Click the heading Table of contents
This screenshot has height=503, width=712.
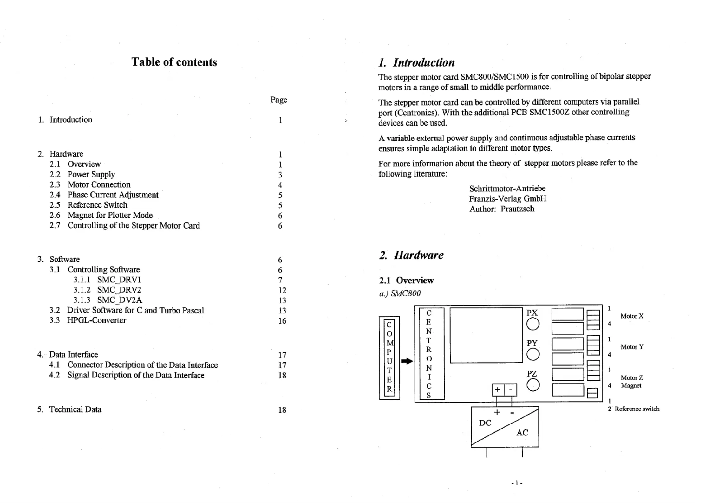pyautogui.click(x=174, y=62)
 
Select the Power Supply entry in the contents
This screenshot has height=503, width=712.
pyautogui.click(x=91, y=175)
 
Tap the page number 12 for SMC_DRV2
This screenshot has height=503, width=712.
pyautogui.click(x=282, y=290)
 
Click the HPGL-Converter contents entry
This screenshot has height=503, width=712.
pyautogui.click(x=97, y=320)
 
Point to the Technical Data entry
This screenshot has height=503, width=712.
pyautogui.click(x=75, y=409)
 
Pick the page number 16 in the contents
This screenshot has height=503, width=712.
pyautogui.click(x=282, y=321)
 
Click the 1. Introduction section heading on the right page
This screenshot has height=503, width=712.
pyautogui.click(x=416, y=62)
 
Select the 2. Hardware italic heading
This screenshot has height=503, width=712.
pyautogui.click(x=411, y=255)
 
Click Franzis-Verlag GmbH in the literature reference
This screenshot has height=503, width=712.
pyautogui.click(x=508, y=199)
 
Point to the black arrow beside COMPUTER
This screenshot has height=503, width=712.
pyautogui.click(x=407, y=361)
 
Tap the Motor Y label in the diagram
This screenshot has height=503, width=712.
pyautogui.click(x=632, y=347)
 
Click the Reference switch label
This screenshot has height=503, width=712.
pyautogui.click(x=637, y=409)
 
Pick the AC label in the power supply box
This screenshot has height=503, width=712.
pyautogui.click(x=522, y=433)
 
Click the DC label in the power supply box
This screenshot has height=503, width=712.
pyautogui.click(x=485, y=423)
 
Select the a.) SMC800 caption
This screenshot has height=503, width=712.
pyautogui.click(x=400, y=293)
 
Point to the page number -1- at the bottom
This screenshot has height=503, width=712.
pyautogui.click(x=517, y=483)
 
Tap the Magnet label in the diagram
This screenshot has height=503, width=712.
pyautogui.click(x=631, y=386)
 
